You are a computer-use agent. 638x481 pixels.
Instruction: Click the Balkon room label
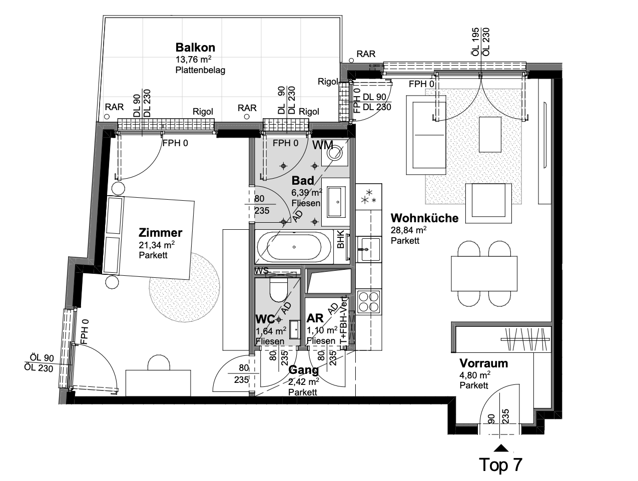pyautogui.click(x=195, y=47)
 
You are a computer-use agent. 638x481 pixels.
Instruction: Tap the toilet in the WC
pyautogui.click(x=278, y=290)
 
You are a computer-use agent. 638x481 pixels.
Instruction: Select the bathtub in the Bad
pyautogui.click(x=294, y=247)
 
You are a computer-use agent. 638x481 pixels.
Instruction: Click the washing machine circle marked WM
pyautogui.click(x=334, y=153)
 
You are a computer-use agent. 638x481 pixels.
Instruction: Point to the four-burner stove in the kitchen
pyautogui.click(x=369, y=301)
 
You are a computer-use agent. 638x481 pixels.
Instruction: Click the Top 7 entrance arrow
pyautogui.click(x=501, y=448)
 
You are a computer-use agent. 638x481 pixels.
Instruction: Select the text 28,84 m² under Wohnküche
pyautogui.click(x=408, y=230)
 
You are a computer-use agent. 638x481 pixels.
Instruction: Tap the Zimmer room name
pyautogui.click(x=161, y=233)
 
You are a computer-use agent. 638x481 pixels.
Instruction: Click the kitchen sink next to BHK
pyautogui.click(x=369, y=249)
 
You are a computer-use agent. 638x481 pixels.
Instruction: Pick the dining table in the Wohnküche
pyautogui.click(x=484, y=273)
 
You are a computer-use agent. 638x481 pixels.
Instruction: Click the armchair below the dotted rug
pyautogui.click(x=488, y=203)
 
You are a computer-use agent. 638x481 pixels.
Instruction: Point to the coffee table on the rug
pyautogui.click(x=490, y=134)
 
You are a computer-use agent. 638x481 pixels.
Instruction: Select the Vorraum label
pyautogui.click(x=484, y=363)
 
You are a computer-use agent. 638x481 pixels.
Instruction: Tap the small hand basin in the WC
pyautogui.click(x=295, y=329)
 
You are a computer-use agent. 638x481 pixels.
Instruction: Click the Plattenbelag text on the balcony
pyautogui.click(x=200, y=71)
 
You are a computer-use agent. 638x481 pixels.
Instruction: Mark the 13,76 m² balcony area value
pyautogui.click(x=193, y=59)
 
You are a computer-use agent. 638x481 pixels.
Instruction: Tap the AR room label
pyautogui.click(x=315, y=318)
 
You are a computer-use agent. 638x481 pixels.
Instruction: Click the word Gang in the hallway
pyautogui.click(x=303, y=370)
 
